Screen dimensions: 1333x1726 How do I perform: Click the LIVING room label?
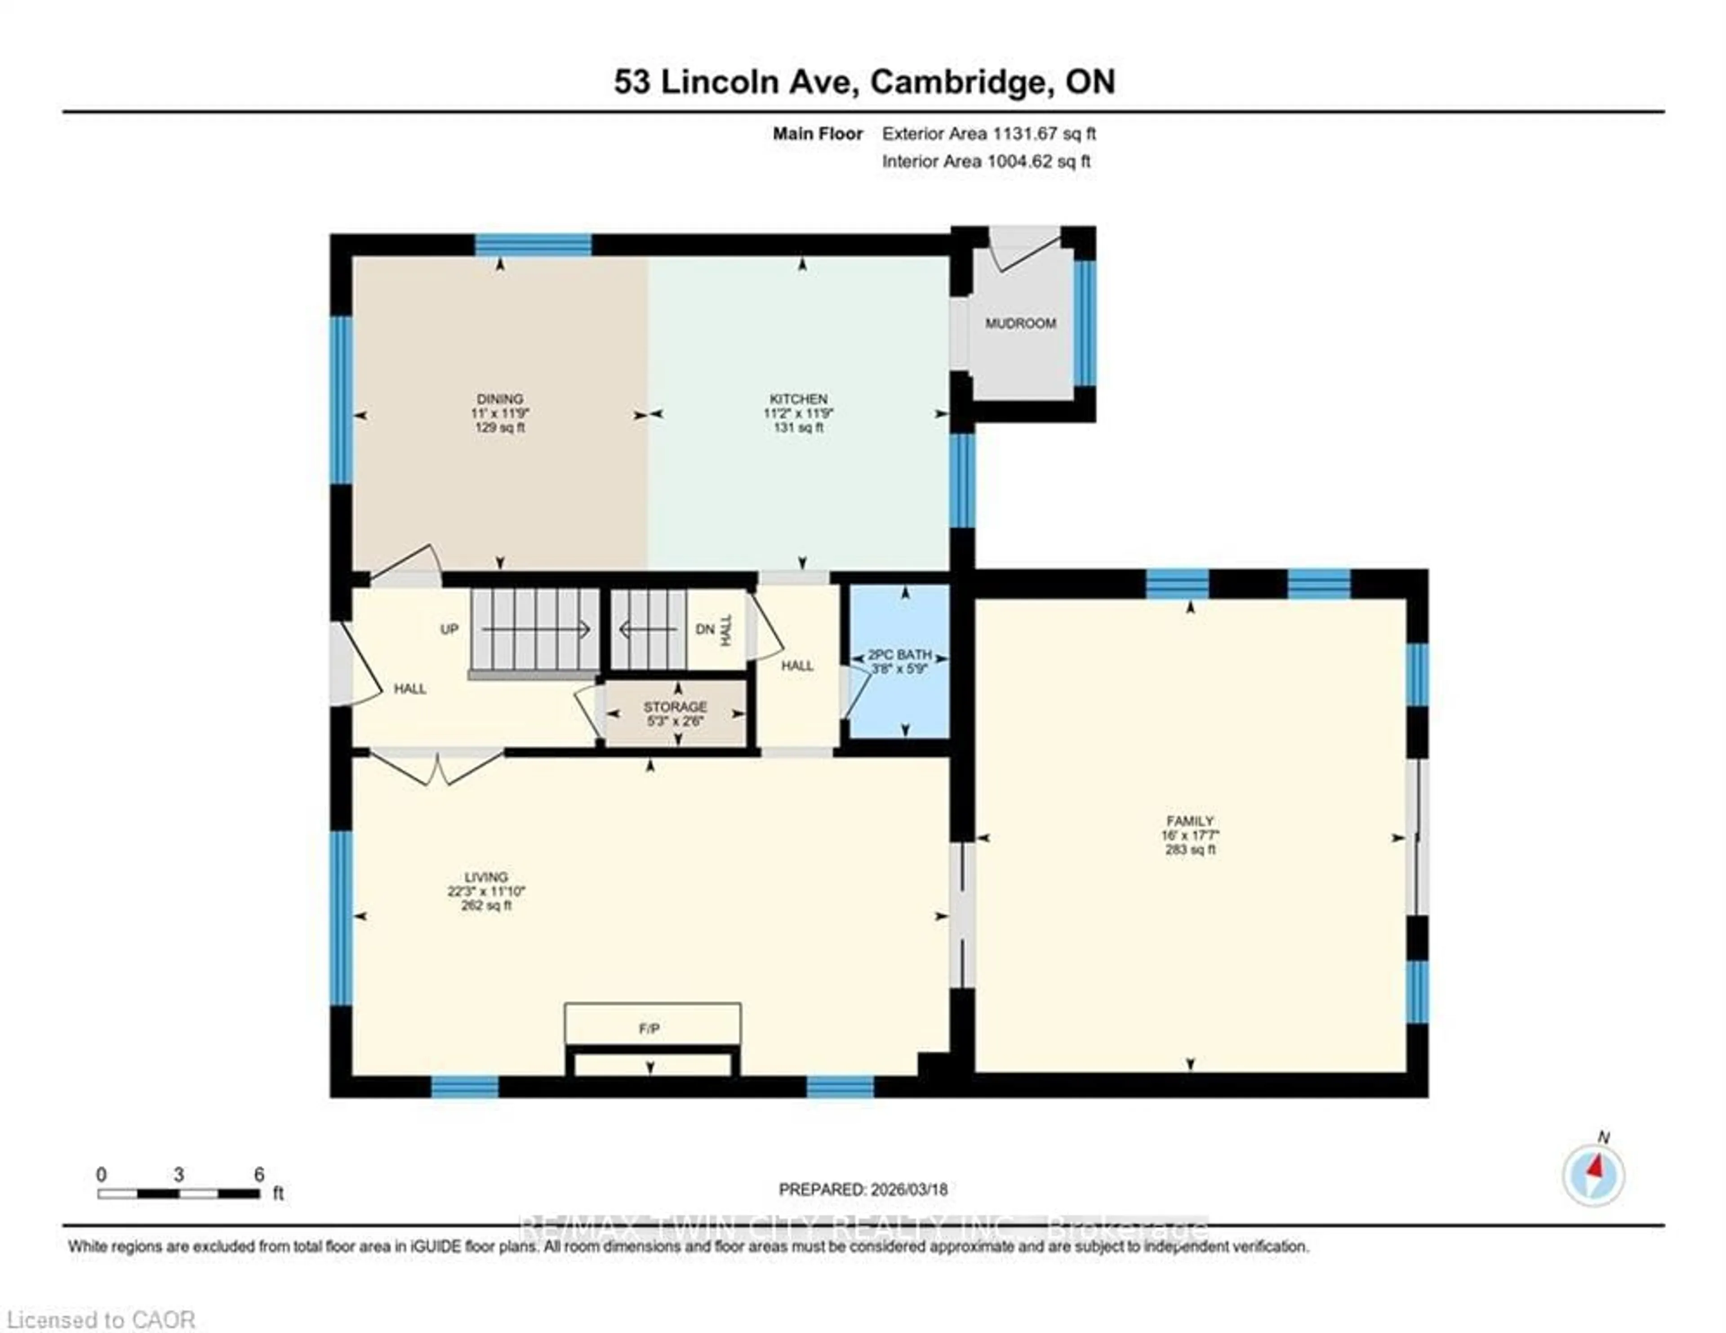(486, 877)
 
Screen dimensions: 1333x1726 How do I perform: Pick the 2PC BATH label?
(899, 655)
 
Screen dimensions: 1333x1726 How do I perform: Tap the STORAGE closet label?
(675, 707)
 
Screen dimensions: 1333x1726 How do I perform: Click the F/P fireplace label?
(649, 1029)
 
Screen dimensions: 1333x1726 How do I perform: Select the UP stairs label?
(449, 629)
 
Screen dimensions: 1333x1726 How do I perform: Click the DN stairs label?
(705, 629)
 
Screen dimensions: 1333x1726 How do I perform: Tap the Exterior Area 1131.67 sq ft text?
(989, 134)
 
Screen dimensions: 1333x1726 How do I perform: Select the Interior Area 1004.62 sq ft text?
(986, 161)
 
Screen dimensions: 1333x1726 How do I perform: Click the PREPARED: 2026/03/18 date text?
(863, 1189)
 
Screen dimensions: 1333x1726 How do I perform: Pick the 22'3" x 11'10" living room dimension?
(486, 891)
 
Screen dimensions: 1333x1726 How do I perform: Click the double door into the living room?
(436, 765)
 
